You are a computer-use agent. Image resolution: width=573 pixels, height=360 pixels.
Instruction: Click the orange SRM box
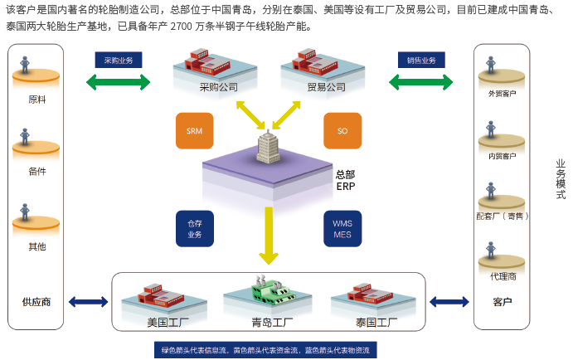pyautogui.click(x=195, y=131)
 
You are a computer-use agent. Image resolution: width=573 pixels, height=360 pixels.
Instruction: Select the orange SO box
pyautogui.click(x=342, y=131)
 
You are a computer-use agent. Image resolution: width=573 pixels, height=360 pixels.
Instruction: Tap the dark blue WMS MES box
pyautogui.click(x=342, y=229)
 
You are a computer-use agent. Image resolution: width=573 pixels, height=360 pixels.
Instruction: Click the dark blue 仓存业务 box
pyautogui.click(x=195, y=229)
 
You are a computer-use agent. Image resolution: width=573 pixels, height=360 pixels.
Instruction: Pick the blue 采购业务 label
pyautogui.click(x=119, y=61)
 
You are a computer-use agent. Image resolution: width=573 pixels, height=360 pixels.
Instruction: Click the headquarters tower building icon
pyautogui.click(x=268, y=149)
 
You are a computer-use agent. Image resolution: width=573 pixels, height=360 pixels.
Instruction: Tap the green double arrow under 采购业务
pyautogui.click(x=119, y=81)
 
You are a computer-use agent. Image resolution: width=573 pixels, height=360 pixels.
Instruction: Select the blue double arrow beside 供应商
pyautogui.click(x=87, y=301)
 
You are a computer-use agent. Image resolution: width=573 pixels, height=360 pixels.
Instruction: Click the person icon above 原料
pyautogui.click(x=27, y=65)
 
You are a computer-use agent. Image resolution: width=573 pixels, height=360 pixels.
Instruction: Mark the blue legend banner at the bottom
pyautogui.click(x=266, y=348)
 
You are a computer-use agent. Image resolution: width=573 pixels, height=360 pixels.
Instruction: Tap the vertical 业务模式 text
pyautogui.click(x=560, y=179)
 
